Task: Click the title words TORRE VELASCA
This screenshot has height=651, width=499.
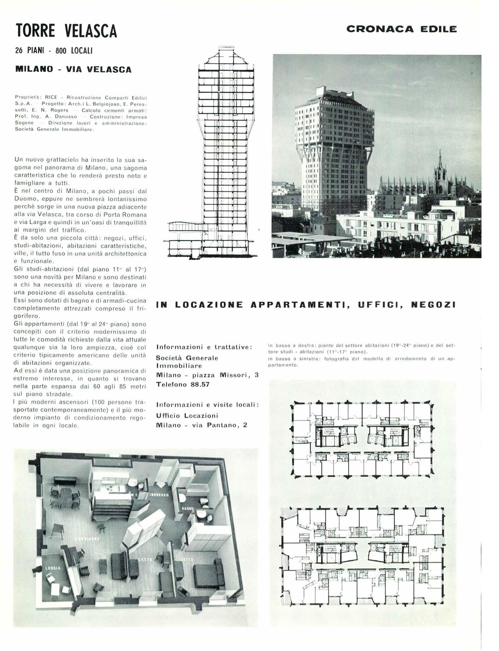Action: (66, 30)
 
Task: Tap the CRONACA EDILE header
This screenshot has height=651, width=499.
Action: (401, 29)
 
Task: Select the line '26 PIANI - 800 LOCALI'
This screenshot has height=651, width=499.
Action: (54, 51)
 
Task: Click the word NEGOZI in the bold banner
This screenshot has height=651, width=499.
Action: (433, 305)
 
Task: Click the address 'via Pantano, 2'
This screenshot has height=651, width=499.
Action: (219, 425)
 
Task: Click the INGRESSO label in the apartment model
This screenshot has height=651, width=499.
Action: (159, 495)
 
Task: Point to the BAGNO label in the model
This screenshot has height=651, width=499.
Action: (186, 509)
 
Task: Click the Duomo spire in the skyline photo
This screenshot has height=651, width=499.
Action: (440, 164)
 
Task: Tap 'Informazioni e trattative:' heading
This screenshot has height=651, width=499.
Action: (204, 347)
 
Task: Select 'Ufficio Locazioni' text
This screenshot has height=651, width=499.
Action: (187, 415)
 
